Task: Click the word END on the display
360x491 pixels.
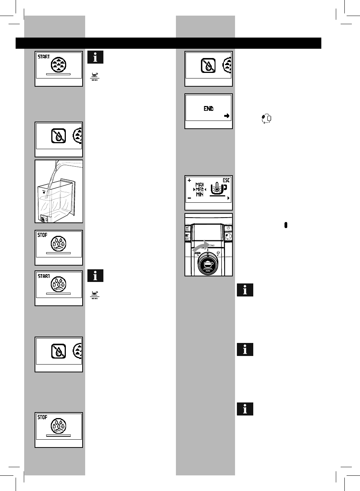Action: (209, 109)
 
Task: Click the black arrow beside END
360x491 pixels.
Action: (226, 116)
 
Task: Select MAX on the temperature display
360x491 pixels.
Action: (200, 185)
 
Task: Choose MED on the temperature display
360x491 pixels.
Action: (200, 190)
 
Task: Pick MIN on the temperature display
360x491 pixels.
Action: (200, 195)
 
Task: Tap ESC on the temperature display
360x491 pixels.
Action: (226, 180)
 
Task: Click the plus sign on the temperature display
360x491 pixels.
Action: (190, 180)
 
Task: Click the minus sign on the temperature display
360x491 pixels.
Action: (190, 198)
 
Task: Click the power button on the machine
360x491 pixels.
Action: (228, 228)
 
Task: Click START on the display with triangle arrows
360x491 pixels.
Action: (44, 57)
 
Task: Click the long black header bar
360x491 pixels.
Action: (168, 43)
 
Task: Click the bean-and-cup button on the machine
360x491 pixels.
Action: (228, 236)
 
